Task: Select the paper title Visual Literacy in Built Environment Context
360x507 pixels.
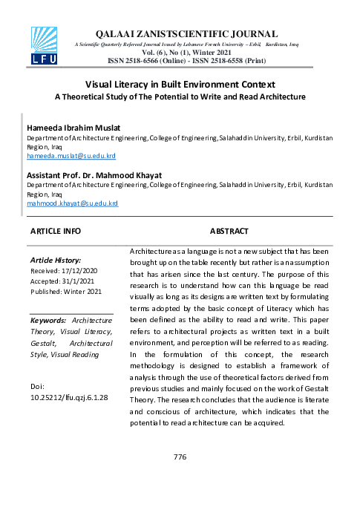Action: [x=180, y=85]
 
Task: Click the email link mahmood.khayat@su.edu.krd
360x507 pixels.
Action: [x=72, y=203]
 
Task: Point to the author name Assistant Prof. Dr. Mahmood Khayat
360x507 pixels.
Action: [x=94, y=175]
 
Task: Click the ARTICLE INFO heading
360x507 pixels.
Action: [x=56, y=232]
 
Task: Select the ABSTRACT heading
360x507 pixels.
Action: [x=229, y=232]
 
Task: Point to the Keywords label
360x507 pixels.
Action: [x=50, y=320]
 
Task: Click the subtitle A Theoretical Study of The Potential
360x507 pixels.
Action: [x=180, y=97]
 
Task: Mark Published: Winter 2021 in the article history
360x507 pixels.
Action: [x=67, y=292]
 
